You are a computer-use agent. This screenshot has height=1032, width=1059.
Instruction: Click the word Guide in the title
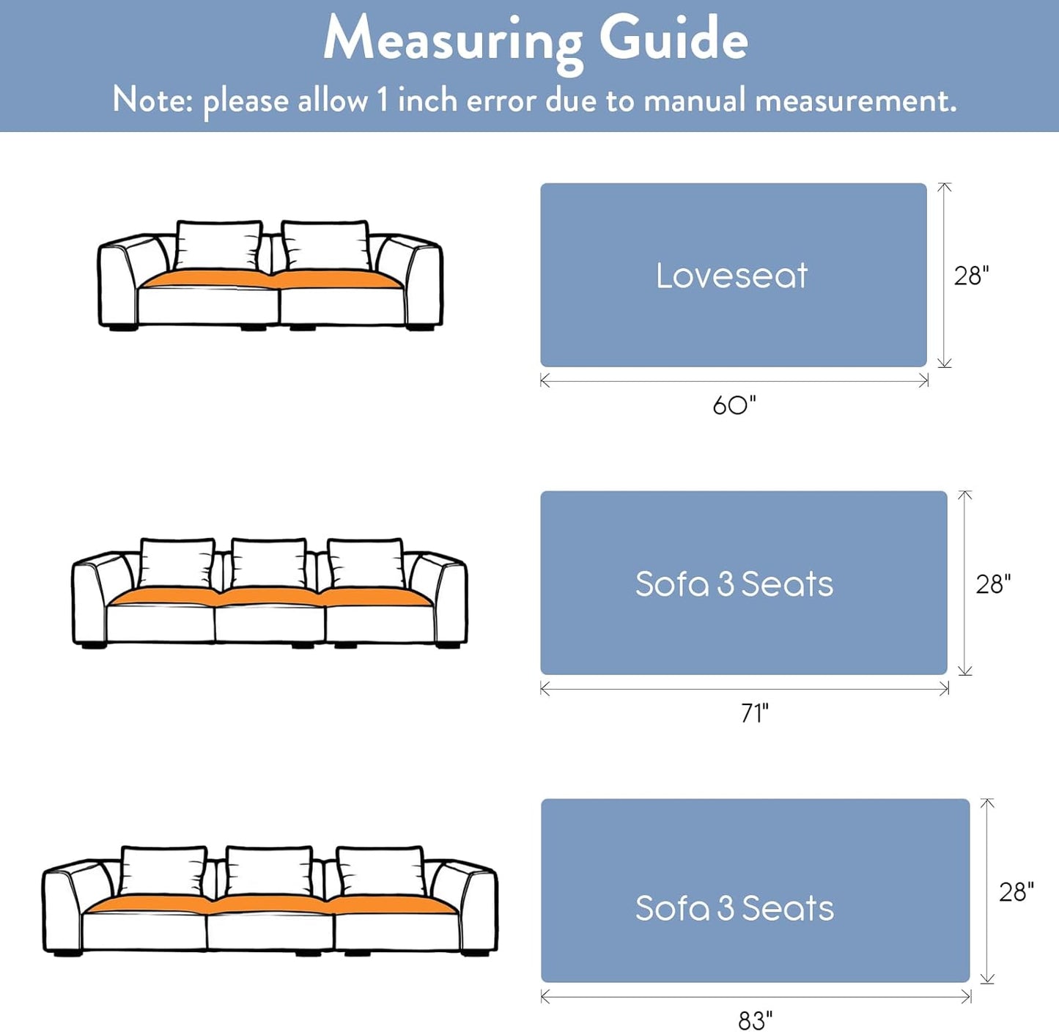pos(674,38)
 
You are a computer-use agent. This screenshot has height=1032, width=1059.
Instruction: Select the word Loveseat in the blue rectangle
pos(732,276)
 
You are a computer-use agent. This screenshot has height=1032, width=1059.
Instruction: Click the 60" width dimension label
pos(734,405)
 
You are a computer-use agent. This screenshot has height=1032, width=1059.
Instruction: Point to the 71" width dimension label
pos(755,713)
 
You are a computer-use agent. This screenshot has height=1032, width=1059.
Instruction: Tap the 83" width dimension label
pos(756,1020)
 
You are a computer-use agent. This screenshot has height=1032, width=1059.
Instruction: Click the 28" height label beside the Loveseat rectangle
pos(971,276)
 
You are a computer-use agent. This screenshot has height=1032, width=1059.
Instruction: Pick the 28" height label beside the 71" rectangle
pos(993,584)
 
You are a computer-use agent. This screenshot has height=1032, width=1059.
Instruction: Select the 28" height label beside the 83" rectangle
pos(1016,891)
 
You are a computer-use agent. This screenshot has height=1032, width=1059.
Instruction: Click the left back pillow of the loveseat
pos(219,246)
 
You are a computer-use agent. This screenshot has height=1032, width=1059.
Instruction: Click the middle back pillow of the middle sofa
pos(269,564)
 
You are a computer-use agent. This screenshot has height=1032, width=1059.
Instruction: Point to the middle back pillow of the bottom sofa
pos(270,871)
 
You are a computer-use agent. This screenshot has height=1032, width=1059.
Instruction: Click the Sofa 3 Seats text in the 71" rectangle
pos(734,584)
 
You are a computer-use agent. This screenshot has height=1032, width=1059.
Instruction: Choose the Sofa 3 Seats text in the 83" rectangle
pos(734,908)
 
